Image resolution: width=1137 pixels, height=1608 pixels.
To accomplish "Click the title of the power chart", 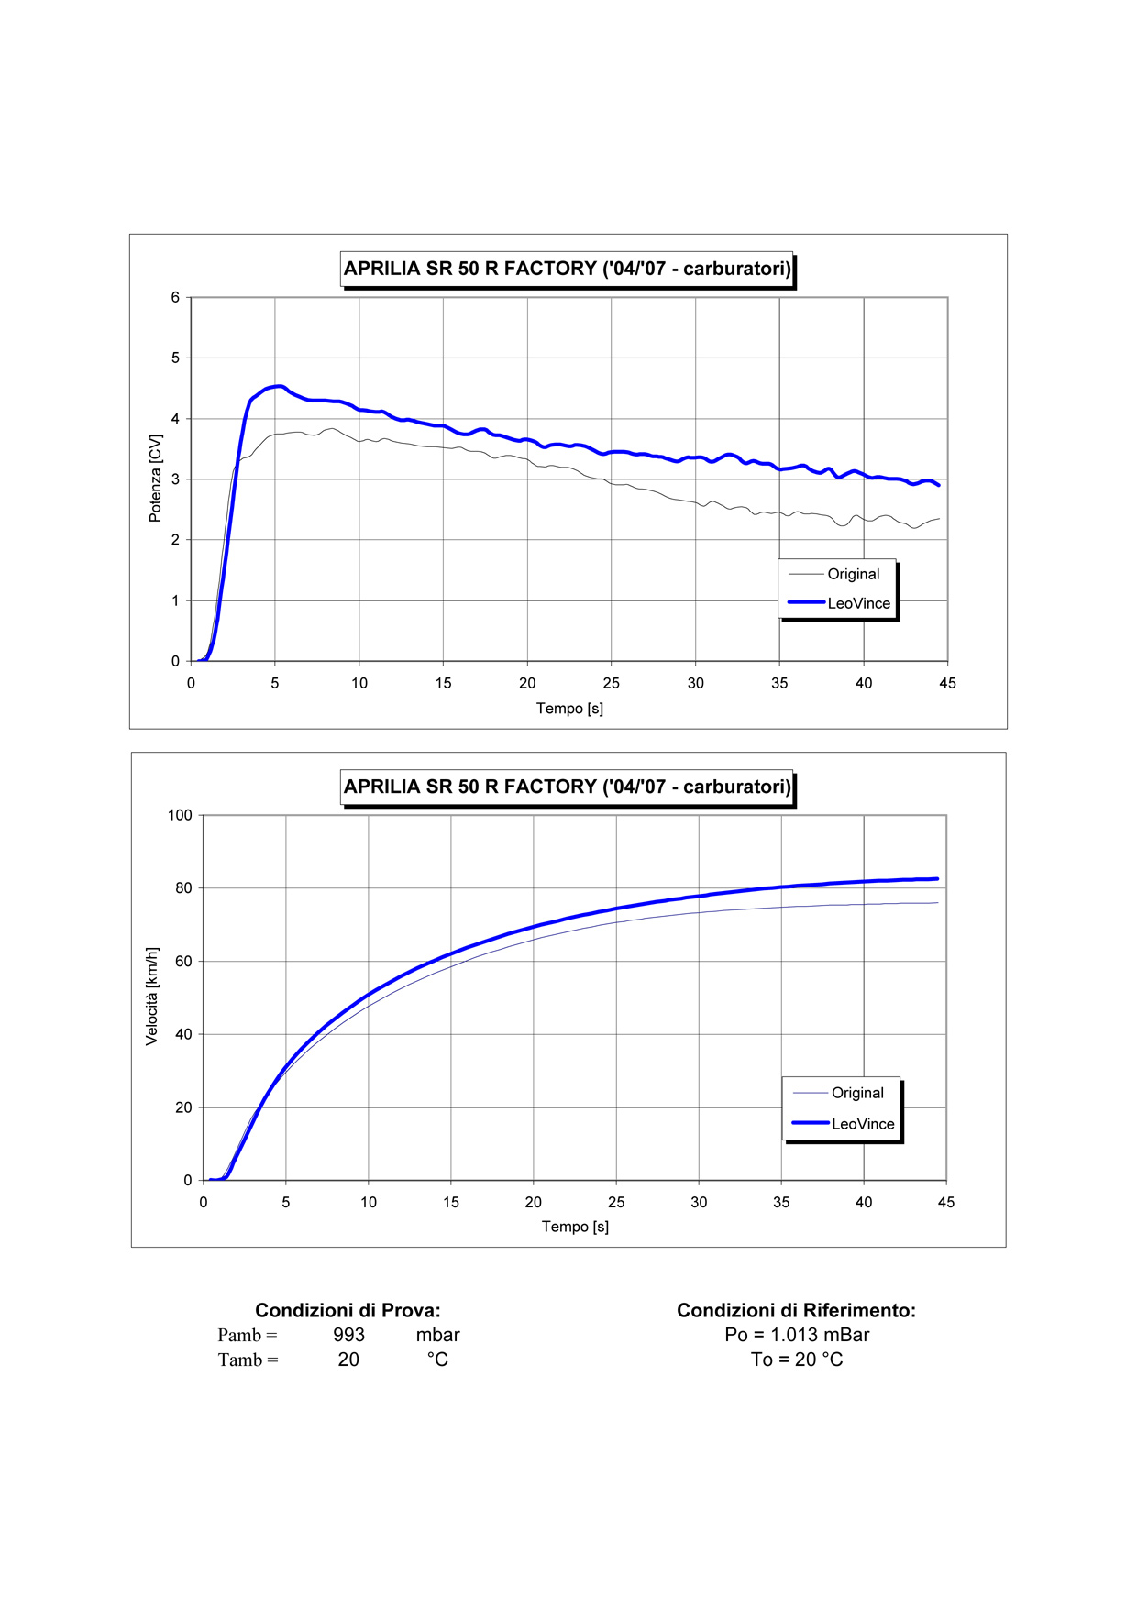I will point(567,269).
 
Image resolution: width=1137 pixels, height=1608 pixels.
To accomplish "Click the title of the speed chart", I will point(567,787).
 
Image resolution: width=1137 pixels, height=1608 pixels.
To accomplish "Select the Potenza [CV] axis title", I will point(155,479).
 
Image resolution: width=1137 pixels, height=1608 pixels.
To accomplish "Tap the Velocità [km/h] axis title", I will point(152,996).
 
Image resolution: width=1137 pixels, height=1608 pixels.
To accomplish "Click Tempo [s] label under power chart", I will point(569,709).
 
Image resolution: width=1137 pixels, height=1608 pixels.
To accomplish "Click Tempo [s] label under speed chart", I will point(575,1227).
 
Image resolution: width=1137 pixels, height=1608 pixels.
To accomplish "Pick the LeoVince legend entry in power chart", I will point(858,603).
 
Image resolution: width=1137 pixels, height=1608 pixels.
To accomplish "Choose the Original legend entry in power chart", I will point(853,574).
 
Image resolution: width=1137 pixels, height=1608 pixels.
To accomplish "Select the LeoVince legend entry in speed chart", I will point(862,1124).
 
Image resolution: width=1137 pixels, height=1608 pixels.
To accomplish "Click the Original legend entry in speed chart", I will point(857,1093).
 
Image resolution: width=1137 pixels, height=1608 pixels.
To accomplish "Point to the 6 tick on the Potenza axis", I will point(175,297).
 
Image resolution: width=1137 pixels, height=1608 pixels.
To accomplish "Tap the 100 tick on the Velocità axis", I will point(180,815).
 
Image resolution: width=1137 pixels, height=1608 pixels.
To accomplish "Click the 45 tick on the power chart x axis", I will point(947,683).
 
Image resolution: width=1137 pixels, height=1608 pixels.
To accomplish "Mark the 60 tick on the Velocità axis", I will point(183,961).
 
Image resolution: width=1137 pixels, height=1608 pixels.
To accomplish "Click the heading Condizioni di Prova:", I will point(348,1310).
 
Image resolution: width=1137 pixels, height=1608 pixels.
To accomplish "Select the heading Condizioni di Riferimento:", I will point(796,1310).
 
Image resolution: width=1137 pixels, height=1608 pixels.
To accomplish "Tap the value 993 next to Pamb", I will point(348,1335).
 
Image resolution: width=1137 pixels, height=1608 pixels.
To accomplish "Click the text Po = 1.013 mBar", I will point(797,1335).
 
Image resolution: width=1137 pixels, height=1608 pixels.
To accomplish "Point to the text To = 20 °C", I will point(797,1360).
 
